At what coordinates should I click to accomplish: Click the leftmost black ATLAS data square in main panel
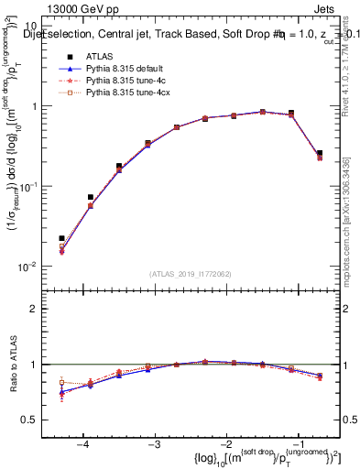click(x=61, y=238)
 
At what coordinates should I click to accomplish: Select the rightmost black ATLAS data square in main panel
click(x=319, y=153)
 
